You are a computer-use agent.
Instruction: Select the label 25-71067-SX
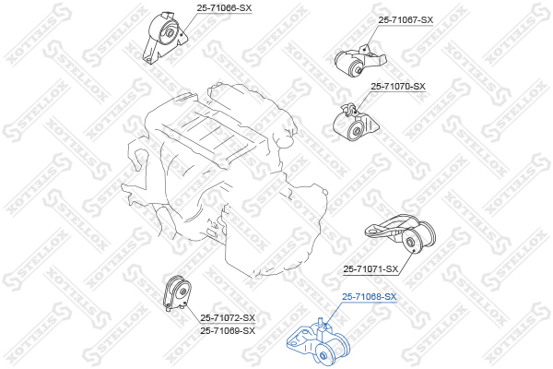[405, 19]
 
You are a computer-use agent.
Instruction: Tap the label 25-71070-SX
[398, 87]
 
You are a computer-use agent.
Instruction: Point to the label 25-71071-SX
[371, 269]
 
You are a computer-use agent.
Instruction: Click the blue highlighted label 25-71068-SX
[370, 297]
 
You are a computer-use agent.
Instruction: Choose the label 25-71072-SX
[228, 317]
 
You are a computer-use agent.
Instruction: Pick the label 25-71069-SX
[228, 330]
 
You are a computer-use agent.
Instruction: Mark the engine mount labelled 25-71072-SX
[175, 298]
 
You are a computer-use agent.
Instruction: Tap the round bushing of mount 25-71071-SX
[411, 244]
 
